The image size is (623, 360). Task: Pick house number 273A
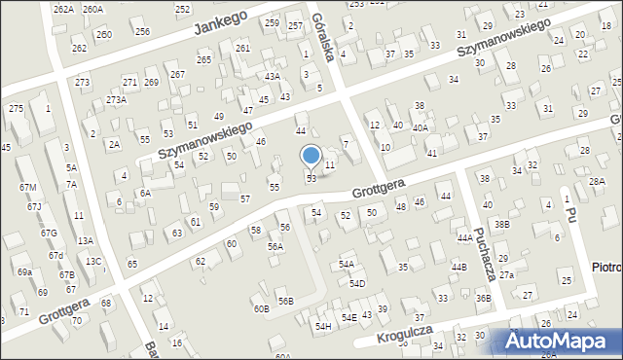coord(117,99)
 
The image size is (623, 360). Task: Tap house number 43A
coord(273,76)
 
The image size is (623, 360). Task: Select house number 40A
coord(420,127)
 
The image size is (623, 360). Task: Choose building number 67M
coord(27,187)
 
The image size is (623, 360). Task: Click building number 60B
coord(261,308)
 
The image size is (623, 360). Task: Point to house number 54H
coord(322,326)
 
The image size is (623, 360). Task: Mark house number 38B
coord(501,224)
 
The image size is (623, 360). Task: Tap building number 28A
coord(597,181)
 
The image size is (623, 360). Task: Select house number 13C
coord(92,261)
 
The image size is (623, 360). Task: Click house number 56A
coord(275,247)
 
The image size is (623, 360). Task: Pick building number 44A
coord(464,237)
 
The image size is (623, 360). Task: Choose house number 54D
coord(358,283)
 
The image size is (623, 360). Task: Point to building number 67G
coord(49,233)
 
